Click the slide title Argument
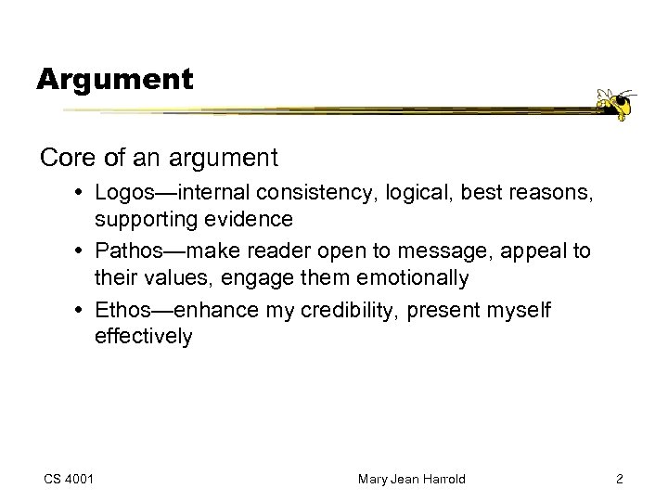[115, 79]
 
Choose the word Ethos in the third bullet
[123, 311]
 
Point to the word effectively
[143, 336]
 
